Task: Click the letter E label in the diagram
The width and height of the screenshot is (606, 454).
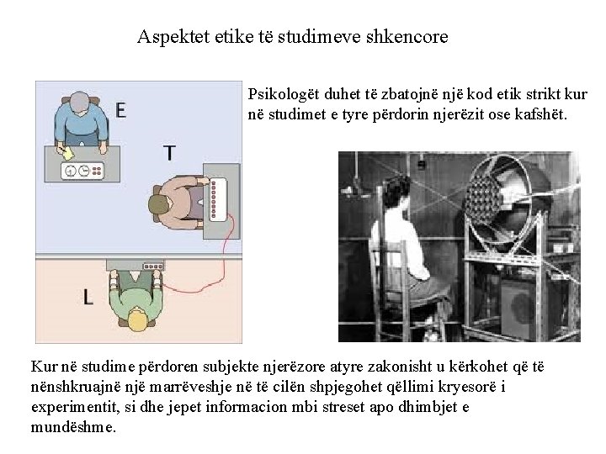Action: click(121, 110)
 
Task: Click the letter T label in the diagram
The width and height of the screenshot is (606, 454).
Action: click(169, 153)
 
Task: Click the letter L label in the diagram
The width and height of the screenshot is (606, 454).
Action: click(88, 298)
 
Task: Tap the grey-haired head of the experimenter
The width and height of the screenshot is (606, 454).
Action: click(80, 104)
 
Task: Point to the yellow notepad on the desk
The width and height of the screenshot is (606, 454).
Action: click(68, 153)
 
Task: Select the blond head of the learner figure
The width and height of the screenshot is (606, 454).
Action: click(137, 319)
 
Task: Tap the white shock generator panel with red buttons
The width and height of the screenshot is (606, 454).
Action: click(218, 199)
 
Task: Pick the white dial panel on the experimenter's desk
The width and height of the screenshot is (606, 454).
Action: click(82, 171)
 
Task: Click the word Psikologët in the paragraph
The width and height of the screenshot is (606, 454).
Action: click(284, 94)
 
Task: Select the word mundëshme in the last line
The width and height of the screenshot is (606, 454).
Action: click(73, 427)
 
